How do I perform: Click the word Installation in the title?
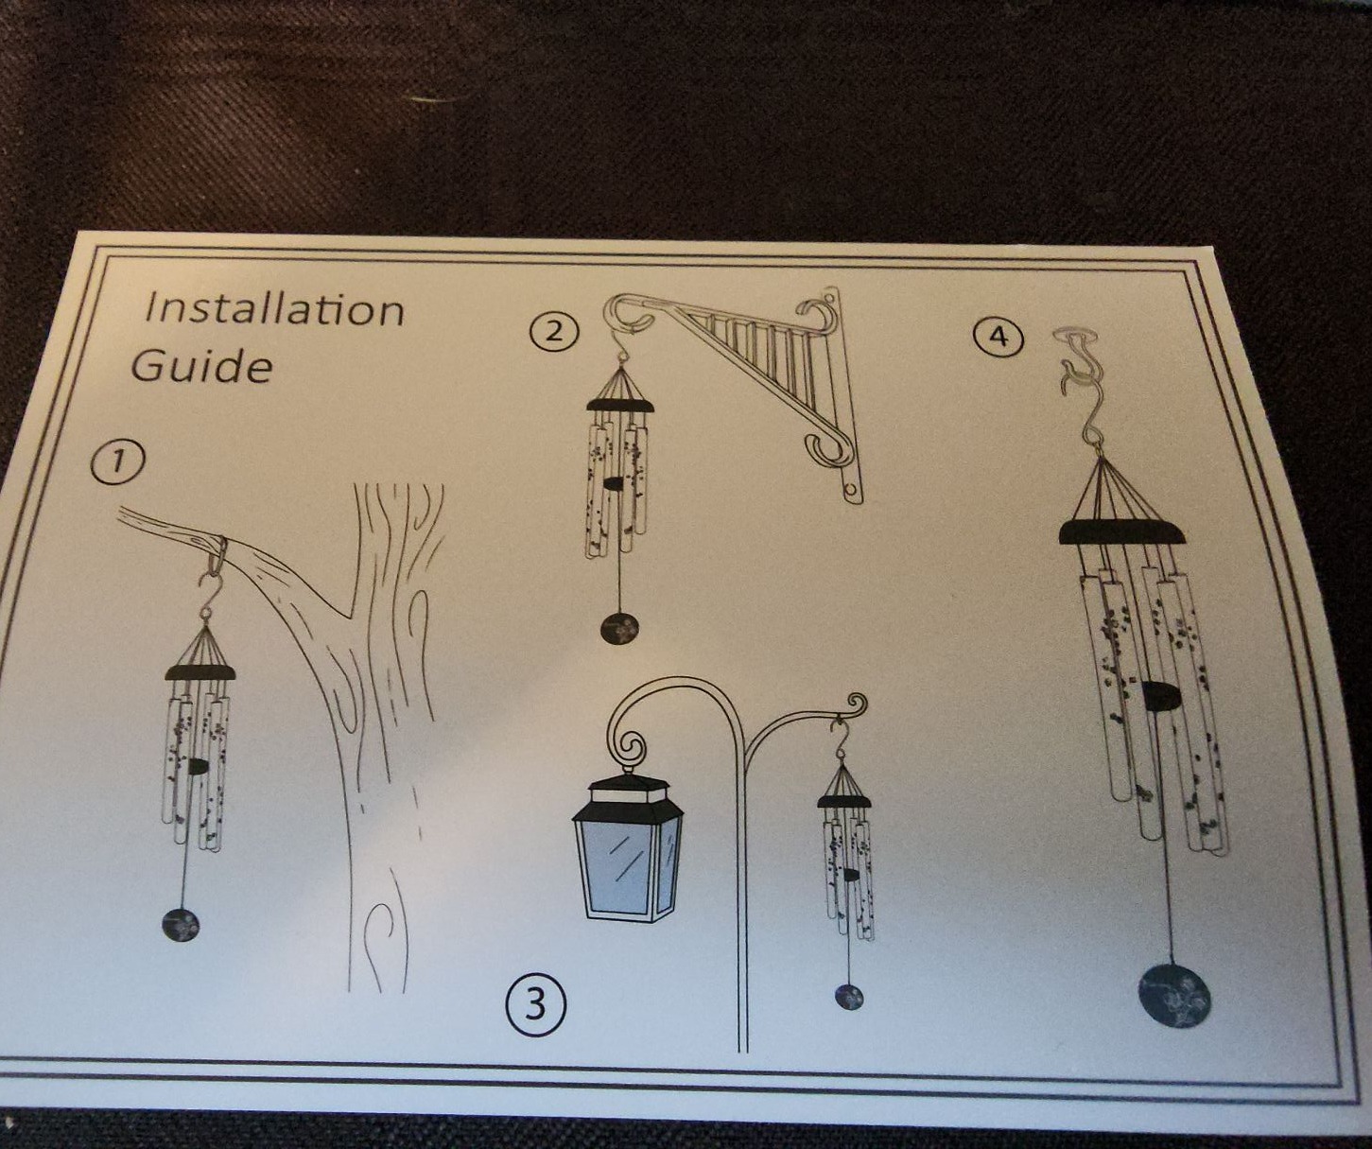[x=273, y=309]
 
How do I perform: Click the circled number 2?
[x=555, y=330]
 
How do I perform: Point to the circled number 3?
[x=536, y=1005]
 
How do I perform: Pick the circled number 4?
[x=998, y=337]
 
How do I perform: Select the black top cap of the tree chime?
[x=200, y=671]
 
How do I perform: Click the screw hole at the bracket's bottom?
[x=851, y=489]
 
